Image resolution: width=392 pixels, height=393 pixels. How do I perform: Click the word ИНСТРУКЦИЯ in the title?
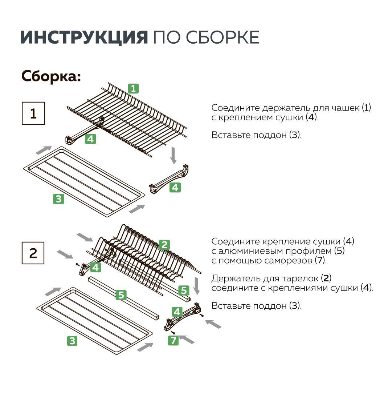tap(84, 37)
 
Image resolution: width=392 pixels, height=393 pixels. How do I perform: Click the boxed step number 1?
tap(33, 113)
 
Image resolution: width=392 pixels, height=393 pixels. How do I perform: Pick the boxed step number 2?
tap(33, 253)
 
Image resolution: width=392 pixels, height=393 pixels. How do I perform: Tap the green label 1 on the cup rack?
tap(133, 88)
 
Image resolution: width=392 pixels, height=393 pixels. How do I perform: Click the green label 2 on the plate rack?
tap(164, 245)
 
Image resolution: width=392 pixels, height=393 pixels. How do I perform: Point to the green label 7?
tap(173, 340)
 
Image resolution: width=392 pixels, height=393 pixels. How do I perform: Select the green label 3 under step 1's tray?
tap(58, 199)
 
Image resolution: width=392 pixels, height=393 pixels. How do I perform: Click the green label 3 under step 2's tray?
tap(72, 341)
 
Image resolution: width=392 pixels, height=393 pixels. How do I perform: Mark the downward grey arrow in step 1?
tap(173, 155)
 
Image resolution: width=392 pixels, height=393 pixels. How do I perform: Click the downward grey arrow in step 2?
tap(196, 286)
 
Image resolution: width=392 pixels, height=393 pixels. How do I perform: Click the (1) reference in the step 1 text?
tap(366, 108)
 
